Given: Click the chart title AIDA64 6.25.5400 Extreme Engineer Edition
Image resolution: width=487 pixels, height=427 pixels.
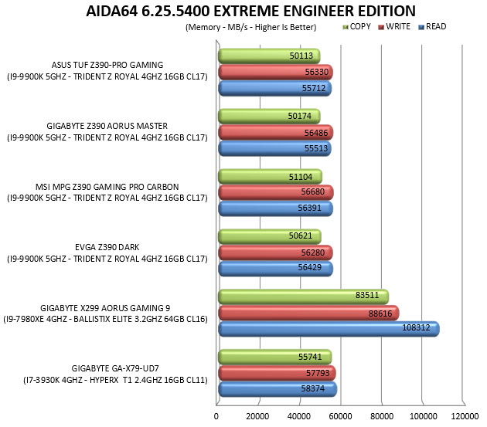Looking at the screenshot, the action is pos(250,11).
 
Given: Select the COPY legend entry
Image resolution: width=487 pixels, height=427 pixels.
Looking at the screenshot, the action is pos(356,27).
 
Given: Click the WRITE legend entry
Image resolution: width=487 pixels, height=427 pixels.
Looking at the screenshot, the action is pos(394,27).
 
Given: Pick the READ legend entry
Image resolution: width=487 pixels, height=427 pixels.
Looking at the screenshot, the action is pos(432,27).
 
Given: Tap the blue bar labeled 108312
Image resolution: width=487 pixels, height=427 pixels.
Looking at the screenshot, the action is pos(329,329).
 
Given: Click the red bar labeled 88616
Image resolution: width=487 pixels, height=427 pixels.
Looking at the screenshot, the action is pos(308,313).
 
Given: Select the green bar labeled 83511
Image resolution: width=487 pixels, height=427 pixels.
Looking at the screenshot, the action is pos(304,297).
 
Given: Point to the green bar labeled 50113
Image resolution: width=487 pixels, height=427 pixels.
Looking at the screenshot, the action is pos(269,56).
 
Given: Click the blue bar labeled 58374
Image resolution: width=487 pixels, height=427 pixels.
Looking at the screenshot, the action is pos(278,389).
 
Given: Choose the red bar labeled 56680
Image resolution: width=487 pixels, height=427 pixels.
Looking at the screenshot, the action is pos(276,193).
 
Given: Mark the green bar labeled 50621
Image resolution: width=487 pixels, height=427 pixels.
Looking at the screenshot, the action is pos(270,237).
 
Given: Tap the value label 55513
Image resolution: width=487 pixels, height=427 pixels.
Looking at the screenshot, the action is pos(316,148).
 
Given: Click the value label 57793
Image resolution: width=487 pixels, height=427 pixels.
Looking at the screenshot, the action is pos(318,373).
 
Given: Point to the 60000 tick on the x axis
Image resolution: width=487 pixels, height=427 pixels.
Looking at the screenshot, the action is pos(340,416).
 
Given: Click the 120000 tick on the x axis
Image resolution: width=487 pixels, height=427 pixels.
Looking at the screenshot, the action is pos(465,416).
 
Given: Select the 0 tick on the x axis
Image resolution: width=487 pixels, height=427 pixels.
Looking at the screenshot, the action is pos(216,416).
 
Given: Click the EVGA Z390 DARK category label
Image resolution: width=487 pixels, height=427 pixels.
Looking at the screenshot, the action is pos(107,247).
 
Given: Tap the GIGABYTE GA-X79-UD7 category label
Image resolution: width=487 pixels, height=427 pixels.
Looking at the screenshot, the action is pos(115,368).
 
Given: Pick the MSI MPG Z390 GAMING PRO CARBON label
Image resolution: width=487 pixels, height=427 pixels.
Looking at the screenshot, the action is pos(107,187).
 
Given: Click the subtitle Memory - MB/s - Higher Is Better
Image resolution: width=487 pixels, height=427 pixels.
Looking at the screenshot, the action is pos(251,27).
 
